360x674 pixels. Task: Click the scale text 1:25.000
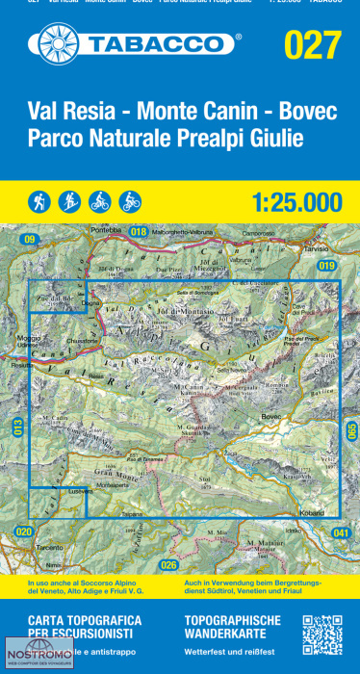point(296,202)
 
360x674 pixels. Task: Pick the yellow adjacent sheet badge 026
point(169,564)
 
